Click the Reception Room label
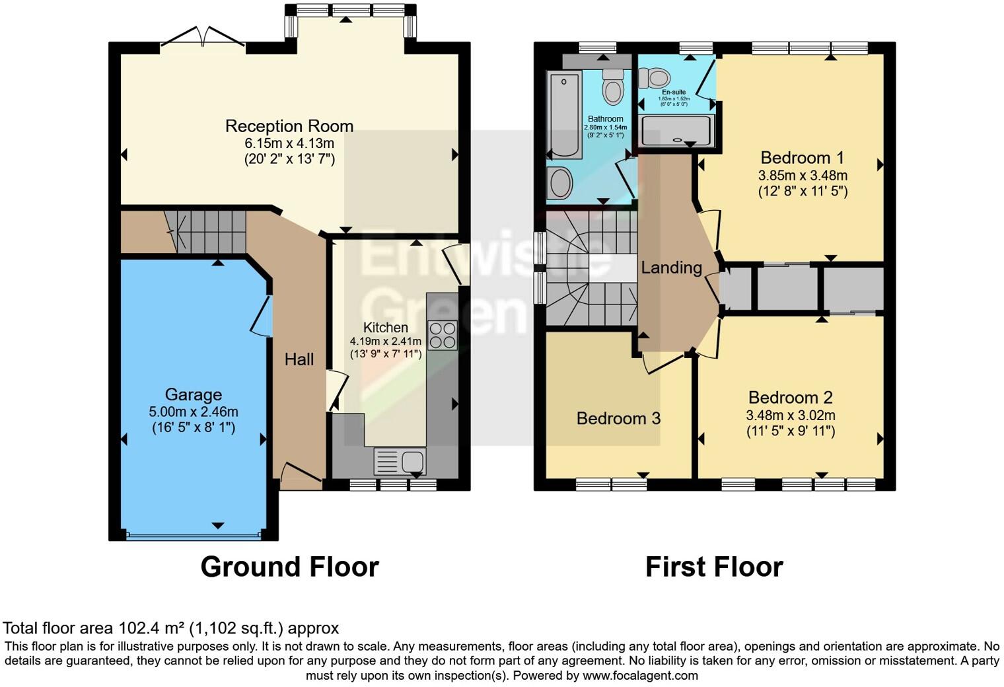[x=289, y=126]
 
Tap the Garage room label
[x=193, y=395]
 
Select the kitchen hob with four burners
[x=442, y=335]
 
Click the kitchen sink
[x=400, y=461]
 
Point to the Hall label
[x=299, y=359]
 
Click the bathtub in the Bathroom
[x=565, y=115]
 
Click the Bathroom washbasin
[x=561, y=182]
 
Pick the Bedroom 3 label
[x=618, y=418]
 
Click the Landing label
[x=671, y=268]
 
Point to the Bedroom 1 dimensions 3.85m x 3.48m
[x=803, y=176]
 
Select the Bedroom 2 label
[x=790, y=398]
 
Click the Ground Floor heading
[x=289, y=567]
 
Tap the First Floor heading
[x=713, y=567]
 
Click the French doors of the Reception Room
[x=203, y=38]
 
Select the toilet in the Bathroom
[x=613, y=88]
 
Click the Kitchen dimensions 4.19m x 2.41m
[x=385, y=342]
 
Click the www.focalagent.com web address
[x=639, y=675]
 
